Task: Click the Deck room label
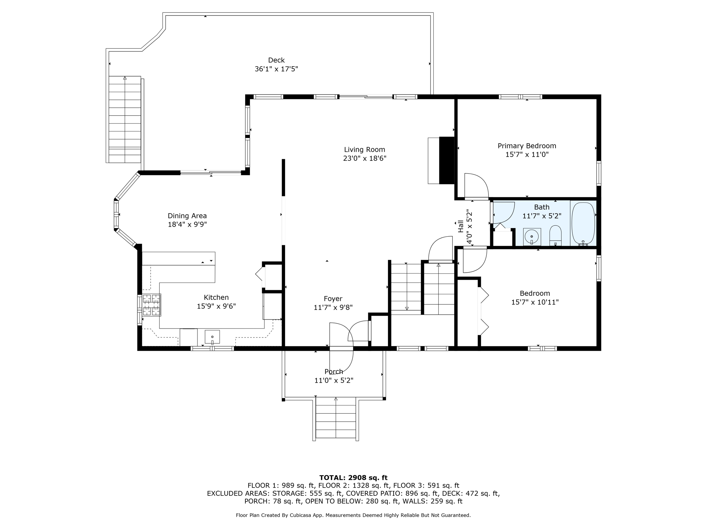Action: point(276,60)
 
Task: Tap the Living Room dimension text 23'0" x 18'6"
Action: point(365,158)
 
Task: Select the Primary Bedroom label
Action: point(527,146)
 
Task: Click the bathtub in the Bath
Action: point(583,224)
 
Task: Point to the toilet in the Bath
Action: point(555,235)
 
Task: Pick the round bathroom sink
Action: point(532,237)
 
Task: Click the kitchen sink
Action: point(212,337)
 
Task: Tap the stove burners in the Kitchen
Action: point(152,305)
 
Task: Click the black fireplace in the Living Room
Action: point(447,160)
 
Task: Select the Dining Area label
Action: point(187,216)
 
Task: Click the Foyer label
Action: point(333,299)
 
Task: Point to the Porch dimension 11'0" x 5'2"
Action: point(334,381)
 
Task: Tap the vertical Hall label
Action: point(461,226)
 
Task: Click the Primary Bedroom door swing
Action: point(476,186)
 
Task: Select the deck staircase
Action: point(125,119)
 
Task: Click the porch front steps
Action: point(336,418)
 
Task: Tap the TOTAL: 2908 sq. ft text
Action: point(353,478)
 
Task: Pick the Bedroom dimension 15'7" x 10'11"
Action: point(535,302)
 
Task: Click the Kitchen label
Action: point(216,297)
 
